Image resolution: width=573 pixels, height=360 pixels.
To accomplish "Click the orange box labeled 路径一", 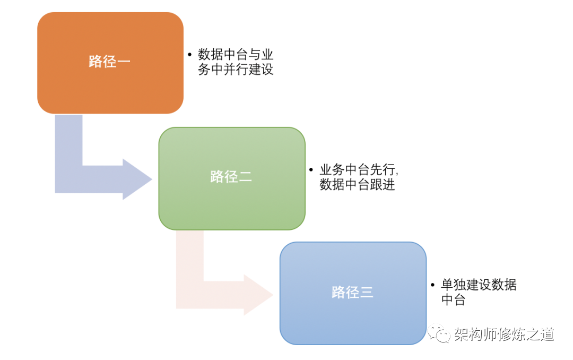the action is pyautogui.click(x=110, y=63).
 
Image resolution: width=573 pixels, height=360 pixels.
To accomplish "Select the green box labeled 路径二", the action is pyautogui.click(x=232, y=178).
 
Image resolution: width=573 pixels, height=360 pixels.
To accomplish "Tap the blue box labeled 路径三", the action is pyautogui.click(x=353, y=293).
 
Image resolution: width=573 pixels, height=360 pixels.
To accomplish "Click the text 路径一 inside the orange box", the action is pyautogui.click(x=109, y=62).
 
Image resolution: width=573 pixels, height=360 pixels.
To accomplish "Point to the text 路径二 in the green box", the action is pyautogui.click(x=231, y=177).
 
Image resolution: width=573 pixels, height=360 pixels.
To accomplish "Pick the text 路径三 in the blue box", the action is pyautogui.click(x=352, y=292).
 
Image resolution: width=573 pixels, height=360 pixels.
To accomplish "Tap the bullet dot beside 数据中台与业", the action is pyautogui.click(x=189, y=55).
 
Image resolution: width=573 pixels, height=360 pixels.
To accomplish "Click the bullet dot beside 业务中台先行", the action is pyautogui.click(x=311, y=170).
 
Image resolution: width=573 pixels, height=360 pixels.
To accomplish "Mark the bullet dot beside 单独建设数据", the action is pyautogui.click(x=433, y=285).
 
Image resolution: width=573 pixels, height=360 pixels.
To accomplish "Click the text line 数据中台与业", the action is pyautogui.click(x=236, y=55).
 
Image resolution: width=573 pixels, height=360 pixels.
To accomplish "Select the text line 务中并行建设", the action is pyautogui.click(x=236, y=69).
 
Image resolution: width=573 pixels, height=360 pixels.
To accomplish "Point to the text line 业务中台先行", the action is pyautogui.click(x=359, y=169).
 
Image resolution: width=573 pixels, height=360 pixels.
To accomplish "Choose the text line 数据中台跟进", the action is pyautogui.click(x=357, y=184).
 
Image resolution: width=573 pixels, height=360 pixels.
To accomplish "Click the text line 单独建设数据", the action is pyautogui.click(x=479, y=284).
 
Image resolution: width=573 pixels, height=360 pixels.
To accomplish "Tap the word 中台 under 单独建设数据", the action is pyautogui.click(x=453, y=299).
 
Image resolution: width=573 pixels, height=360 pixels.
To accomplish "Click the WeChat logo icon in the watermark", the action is pyautogui.click(x=439, y=333).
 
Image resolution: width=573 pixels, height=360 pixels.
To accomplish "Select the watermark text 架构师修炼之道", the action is pyautogui.click(x=504, y=334).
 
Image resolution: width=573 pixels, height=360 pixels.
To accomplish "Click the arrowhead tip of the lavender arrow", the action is pyautogui.click(x=152, y=179).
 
